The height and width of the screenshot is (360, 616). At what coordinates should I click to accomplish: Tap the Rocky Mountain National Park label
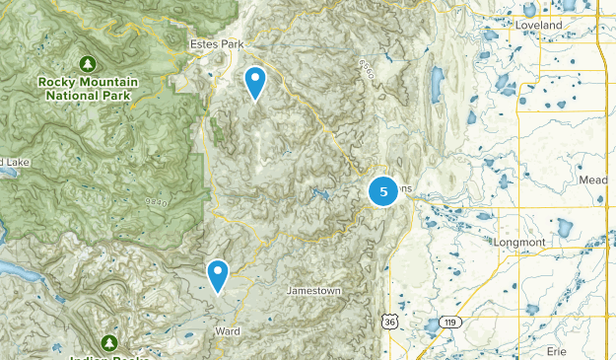(88, 89)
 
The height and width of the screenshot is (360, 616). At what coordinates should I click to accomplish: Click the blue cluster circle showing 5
(383, 191)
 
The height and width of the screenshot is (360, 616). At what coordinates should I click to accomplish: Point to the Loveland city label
(537, 24)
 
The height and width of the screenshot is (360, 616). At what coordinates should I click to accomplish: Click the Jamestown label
(312, 290)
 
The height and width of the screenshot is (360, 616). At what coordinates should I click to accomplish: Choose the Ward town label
(226, 331)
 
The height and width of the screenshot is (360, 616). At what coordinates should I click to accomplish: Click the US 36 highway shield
(391, 322)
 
